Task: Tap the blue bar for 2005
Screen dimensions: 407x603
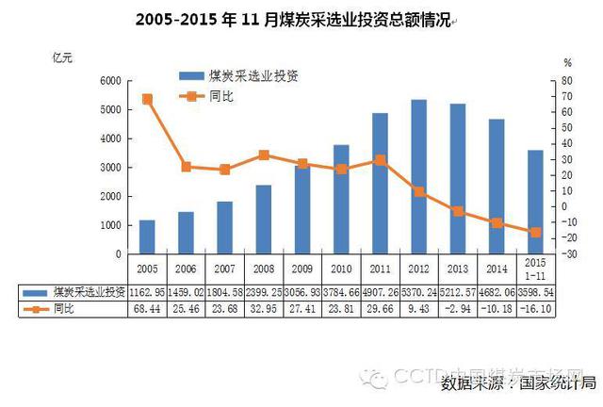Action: pos(147,236)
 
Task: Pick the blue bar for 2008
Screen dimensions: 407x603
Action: pos(265,219)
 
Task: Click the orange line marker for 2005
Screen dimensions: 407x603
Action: pos(147,99)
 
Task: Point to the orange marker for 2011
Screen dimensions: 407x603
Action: pos(379,160)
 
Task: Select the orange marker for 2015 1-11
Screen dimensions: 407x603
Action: pos(535,232)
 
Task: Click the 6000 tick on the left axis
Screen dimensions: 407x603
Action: pos(109,81)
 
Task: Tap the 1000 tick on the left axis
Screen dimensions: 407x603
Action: pos(109,225)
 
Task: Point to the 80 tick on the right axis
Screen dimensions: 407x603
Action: pos(567,81)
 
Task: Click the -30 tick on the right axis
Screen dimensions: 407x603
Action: pos(567,253)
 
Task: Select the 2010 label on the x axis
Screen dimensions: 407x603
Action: pos(340,265)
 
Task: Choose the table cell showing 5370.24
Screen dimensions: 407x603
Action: pos(417,292)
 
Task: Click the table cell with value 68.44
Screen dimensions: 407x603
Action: pos(147,309)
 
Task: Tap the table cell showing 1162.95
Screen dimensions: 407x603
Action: pos(147,292)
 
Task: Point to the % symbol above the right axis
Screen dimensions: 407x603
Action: pos(567,62)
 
